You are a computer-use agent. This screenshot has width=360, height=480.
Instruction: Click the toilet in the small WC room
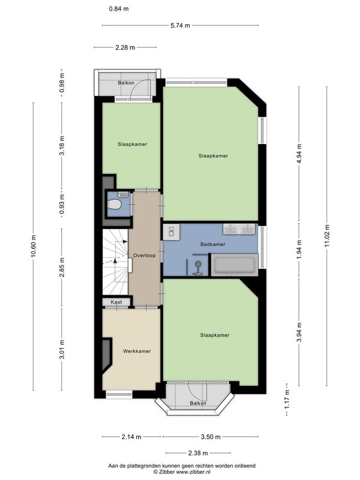(115, 204)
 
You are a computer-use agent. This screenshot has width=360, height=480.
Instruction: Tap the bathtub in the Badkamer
(234, 265)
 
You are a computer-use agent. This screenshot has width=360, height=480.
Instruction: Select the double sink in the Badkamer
(239, 229)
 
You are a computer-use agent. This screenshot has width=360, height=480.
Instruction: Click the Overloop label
(144, 256)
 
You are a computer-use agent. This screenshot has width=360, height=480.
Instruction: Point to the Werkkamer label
(137, 351)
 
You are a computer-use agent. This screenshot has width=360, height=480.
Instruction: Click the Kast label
(116, 302)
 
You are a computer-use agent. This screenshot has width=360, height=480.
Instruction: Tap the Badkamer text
(213, 244)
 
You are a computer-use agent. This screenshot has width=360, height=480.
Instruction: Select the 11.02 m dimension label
(327, 236)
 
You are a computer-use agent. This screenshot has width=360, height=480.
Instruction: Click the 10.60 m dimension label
(34, 245)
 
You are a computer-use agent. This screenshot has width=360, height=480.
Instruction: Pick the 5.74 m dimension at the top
(181, 25)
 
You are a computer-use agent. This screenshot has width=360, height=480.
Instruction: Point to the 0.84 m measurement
(119, 9)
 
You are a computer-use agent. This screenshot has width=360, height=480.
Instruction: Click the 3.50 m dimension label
(211, 437)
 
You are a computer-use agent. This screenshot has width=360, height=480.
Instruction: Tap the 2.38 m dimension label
(198, 453)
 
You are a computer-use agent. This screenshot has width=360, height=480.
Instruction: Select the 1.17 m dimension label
(287, 399)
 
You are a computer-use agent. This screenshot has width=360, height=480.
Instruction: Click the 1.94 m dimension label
(299, 249)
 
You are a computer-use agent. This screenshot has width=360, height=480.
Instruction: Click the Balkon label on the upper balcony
(126, 83)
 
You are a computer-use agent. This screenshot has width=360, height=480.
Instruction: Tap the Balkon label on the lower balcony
(198, 403)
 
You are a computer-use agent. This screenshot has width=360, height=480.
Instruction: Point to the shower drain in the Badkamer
(198, 263)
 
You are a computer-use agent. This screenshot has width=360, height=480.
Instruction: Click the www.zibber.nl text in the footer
(193, 472)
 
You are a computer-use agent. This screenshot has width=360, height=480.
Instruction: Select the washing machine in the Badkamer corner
(171, 232)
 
